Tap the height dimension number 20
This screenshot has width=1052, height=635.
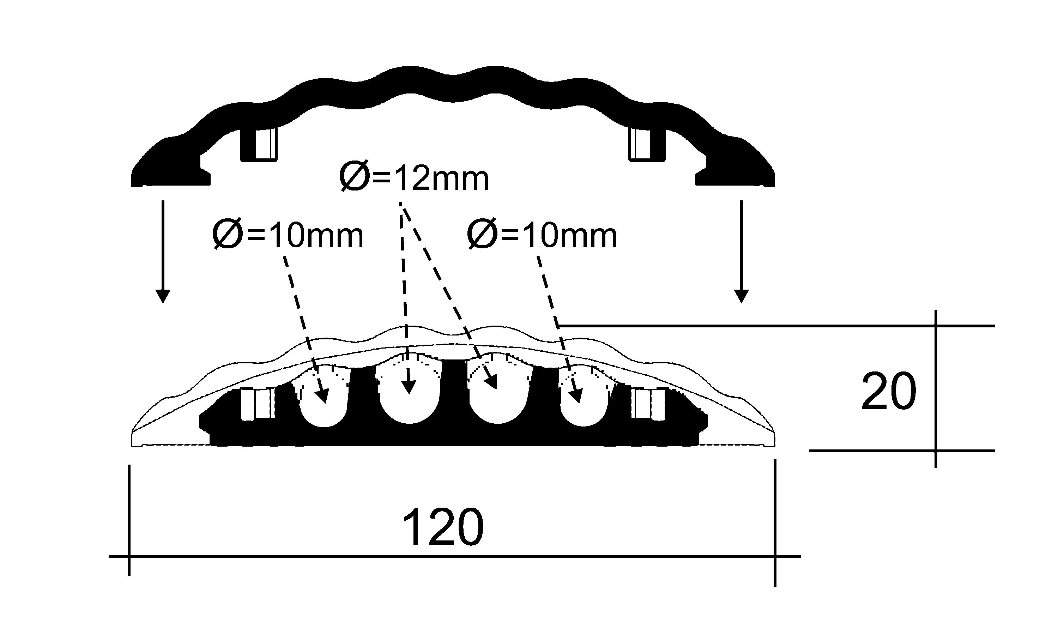click(x=888, y=391)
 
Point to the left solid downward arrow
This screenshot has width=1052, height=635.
click(x=163, y=252)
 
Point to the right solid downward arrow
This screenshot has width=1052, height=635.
click(x=741, y=252)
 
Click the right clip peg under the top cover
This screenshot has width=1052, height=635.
click(x=646, y=144)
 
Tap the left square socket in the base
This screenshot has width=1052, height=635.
click(x=258, y=403)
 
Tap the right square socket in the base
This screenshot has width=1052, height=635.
click(x=648, y=403)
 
